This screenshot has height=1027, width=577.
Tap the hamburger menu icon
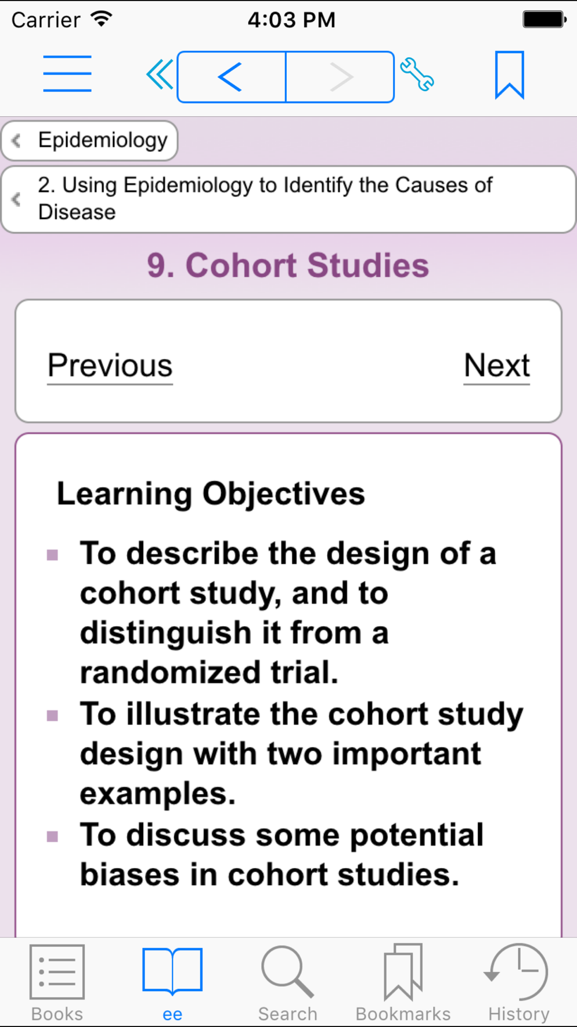tap(68, 73)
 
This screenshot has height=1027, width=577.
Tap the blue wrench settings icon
tap(417, 75)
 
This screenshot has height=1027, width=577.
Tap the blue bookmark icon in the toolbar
tap(509, 75)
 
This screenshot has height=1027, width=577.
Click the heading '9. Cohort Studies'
tap(288, 266)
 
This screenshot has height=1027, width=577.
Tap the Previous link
tap(110, 366)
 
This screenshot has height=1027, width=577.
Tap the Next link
tap(497, 366)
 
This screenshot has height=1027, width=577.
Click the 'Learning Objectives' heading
tap(211, 494)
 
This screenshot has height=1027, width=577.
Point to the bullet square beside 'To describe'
tap(53, 555)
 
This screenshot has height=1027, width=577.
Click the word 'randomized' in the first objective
tap(170, 672)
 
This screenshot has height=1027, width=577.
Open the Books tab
tap(57, 983)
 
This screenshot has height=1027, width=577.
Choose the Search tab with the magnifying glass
tap(288, 983)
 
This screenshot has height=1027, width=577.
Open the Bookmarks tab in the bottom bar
tap(403, 983)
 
